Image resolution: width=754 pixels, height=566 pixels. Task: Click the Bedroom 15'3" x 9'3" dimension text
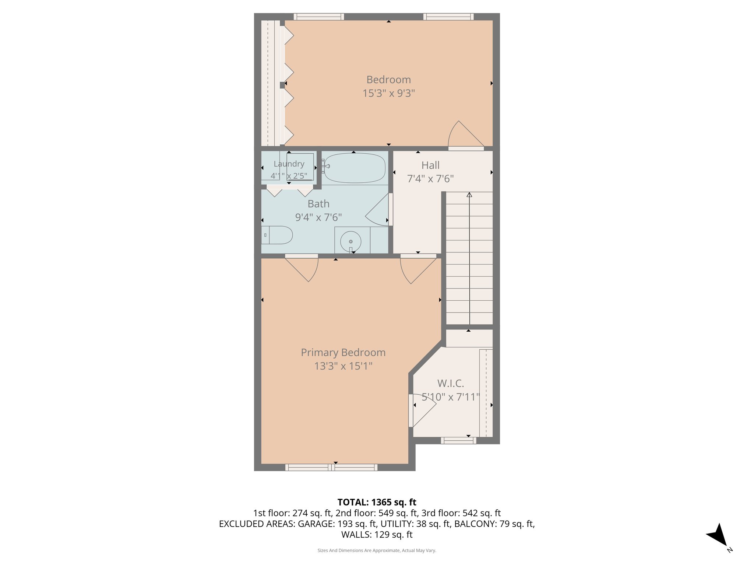pos(388,93)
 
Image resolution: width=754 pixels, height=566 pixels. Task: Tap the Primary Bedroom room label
pos(343,353)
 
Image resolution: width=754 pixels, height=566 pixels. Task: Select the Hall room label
pos(430,165)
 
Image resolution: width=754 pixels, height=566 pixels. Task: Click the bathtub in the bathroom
pos(355,168)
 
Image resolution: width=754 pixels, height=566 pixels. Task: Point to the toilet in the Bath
pos(278,235)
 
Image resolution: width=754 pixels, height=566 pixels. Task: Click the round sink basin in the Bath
pos(350,241)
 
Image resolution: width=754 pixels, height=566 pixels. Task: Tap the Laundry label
pos(289,164)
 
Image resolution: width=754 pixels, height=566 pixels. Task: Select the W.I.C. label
pos(451,384)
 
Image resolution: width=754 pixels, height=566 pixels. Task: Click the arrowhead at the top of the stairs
pos(469,195)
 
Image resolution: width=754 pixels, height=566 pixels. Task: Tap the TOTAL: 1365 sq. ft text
pos(377,502)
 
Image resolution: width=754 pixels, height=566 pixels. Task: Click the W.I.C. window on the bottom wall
pos(458,440)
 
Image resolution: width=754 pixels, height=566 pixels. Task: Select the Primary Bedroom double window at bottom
pos(331,467)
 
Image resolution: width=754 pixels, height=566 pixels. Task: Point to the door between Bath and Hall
pos(379,210)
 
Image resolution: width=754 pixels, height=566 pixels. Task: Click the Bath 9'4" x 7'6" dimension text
pos(318,217)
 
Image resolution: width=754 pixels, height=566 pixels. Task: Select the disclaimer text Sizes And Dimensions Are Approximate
pos(377,551)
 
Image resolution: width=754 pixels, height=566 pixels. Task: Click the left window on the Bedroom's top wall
pos(319,17)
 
